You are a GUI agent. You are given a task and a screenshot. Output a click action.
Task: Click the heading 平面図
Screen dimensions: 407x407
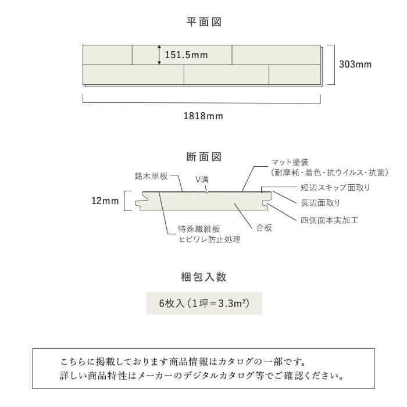point(203,22)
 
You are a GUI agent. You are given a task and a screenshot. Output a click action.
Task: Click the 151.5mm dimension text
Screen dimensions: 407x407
point(187,55)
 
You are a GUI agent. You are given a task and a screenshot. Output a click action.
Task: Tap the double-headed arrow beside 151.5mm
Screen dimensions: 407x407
point(159,55)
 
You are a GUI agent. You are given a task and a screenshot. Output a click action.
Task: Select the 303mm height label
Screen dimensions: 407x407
point(355,65)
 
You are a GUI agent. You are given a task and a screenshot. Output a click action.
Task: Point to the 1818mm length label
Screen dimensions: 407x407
point(203,116)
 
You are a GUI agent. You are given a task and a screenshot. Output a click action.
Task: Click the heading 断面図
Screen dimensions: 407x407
point(203,157)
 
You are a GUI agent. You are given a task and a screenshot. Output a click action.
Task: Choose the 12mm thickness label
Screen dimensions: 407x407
point(105,201)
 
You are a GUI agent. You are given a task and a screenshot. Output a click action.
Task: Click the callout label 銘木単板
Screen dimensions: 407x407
point(151,176)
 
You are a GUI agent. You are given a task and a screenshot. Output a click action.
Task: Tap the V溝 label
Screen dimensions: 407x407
point(202,180)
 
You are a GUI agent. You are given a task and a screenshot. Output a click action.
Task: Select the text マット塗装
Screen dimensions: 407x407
point(290,162)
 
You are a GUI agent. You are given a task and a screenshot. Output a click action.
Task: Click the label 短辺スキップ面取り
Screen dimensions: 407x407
point(335,188)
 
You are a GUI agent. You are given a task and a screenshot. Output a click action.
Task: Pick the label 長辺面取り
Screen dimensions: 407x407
point(320,203)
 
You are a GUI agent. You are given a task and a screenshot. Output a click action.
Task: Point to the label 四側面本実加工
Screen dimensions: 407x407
point(330,220)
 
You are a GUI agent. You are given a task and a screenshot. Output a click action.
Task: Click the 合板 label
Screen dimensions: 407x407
point(264,228)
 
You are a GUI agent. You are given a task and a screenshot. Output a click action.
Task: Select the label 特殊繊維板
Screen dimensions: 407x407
point(199,229)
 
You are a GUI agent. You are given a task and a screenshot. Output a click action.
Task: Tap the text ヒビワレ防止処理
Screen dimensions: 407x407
point(209,239)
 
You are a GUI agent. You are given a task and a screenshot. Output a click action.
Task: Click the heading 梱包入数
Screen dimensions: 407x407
point(203,277)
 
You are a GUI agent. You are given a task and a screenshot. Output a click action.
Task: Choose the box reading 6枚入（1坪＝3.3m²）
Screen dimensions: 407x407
point(204,303)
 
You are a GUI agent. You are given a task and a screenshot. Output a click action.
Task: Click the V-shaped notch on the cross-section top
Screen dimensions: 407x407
point(206,192)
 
